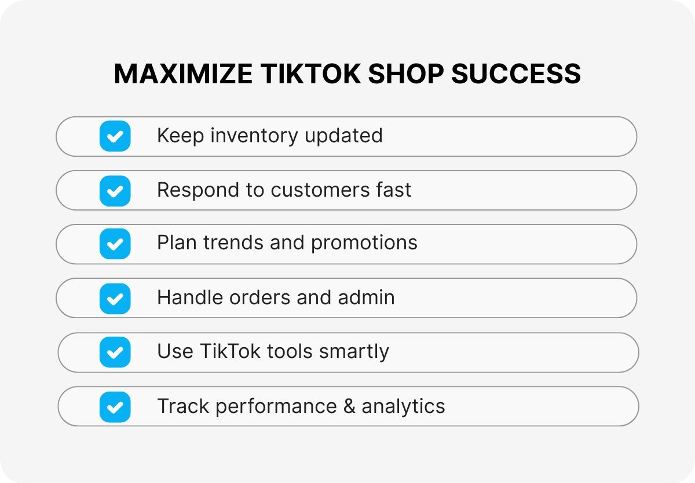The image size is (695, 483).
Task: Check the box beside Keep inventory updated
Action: click(115, 137)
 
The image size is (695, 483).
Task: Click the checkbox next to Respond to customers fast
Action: click(115, 190)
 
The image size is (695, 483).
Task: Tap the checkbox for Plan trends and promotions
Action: click(115, 244)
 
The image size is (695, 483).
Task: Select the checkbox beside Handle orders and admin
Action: click(115, 298)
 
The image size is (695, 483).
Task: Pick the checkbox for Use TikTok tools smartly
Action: click(115, 352)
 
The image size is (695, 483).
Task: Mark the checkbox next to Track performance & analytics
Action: click(115, 407)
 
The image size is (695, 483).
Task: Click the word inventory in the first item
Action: click(254, 136)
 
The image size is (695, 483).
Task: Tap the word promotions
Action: click(364, 243)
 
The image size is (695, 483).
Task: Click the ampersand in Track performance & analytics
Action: click(349, 406)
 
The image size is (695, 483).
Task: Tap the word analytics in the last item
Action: click(403, 406)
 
